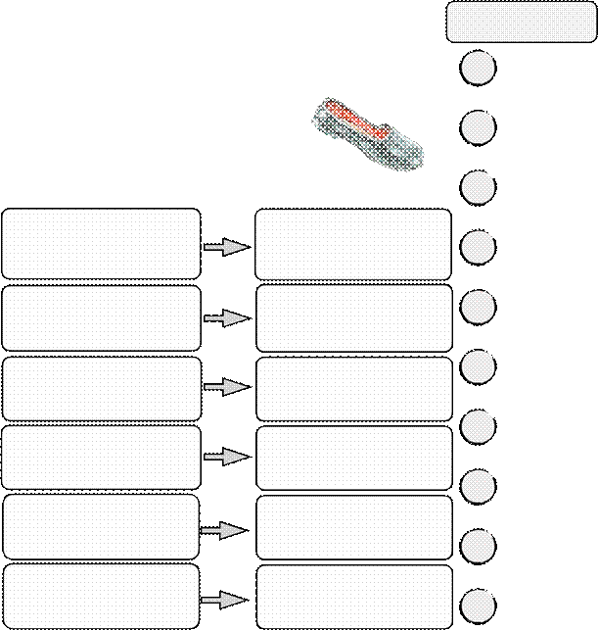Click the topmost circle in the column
[478, 69]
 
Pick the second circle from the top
[478, 127]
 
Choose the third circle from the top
[478, 186]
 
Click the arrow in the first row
[225, 248]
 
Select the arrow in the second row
[225, 318]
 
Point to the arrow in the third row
[225, 387]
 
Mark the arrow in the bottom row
[223, 599]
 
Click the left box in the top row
[101, 243]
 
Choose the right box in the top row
[353, 243]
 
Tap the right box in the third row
[353, 388]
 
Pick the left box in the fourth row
[101, 457]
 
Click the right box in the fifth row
[353, 527]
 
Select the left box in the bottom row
[101, 595]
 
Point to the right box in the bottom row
[353, 595]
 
